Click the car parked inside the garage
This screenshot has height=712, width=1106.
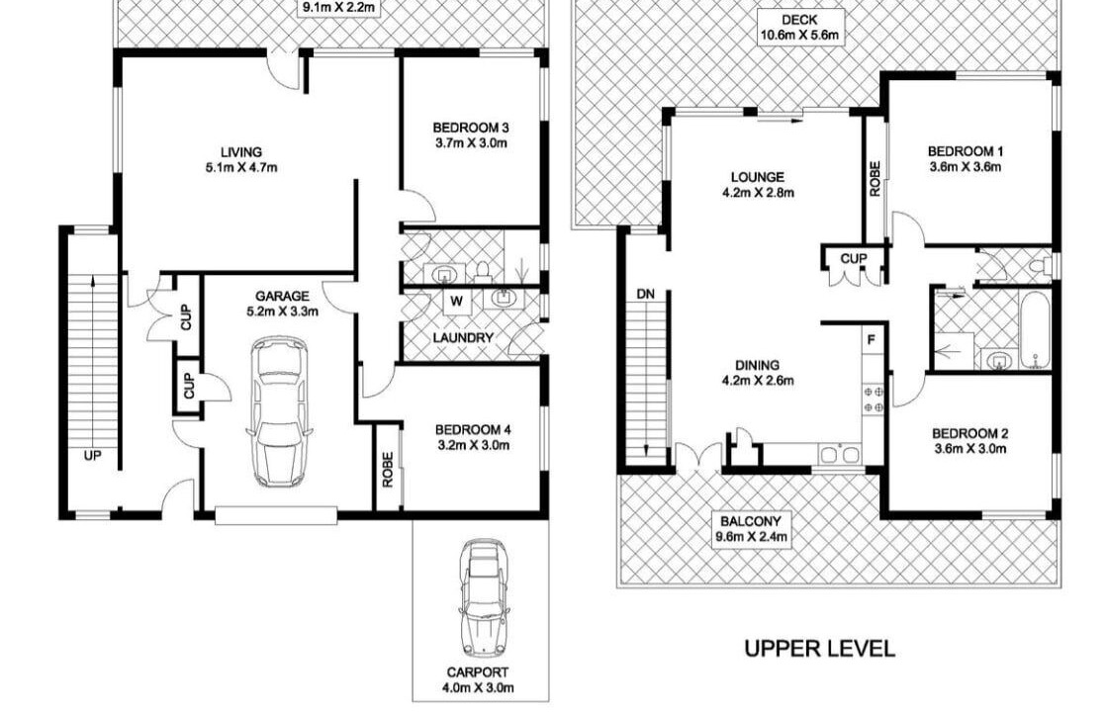pyautogui.click(x=279, y=411)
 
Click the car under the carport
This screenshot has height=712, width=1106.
pyautogui.click(x=483, y=598)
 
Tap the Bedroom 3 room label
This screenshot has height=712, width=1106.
pyautogui.click(x=471, y=128)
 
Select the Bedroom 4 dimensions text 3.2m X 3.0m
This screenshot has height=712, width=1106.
pyautogui.click(x=472, y=446)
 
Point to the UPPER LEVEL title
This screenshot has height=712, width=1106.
pyautogui.click(x=820, y=649)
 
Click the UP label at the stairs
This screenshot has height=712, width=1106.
pyautogui.click(x=92, y=456)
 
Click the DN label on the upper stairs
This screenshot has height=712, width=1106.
pyautogui.click(x=645, y=294)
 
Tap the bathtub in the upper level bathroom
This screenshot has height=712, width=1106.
pyautogui.click(x=1035, y=330)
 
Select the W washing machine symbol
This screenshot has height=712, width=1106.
pyautogui.click(x=457, y=302)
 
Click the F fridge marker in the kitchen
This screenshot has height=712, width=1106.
pyautogui.click(x=872, y=340)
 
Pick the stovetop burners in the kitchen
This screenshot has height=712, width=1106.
pyautogui.click(x=874, y=399)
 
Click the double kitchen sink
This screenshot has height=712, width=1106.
pyautogui.click(x=839, y=455)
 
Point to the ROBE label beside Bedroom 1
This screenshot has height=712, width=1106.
pyautogui.click(x=875, y=179)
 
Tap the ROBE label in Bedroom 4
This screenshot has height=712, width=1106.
pyautogui.click(x=387, y=470)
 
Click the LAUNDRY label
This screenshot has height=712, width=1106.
pyautogui.click(x=463, y=338)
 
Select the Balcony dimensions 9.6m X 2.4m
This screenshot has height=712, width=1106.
pyautogui.click(x=751, y=537)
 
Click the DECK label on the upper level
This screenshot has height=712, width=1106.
pyautogui.click(x=800, y=20)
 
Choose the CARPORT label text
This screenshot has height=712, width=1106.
pyautogui.click(x=477, y=672)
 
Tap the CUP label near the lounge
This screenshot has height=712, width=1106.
pyautogui.click(x=854, y=259)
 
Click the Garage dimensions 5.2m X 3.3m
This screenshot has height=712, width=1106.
pyautogui.click(x=281, y=311)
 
